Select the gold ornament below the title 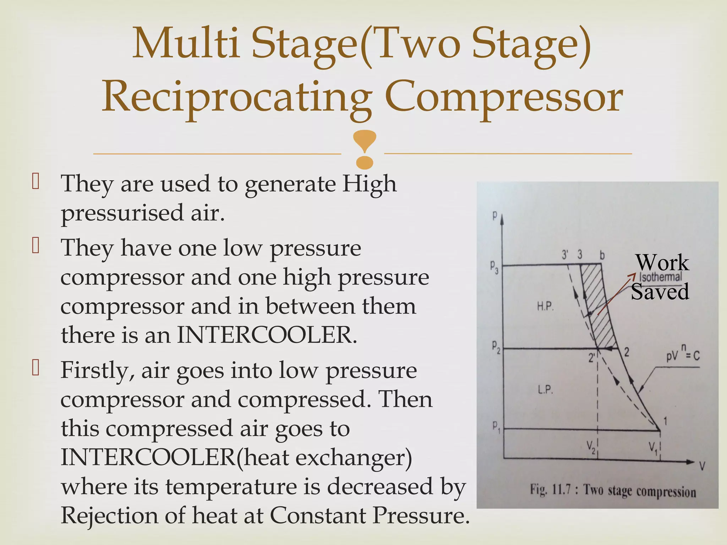[x=365, y=149]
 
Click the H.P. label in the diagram [x=545, y=306]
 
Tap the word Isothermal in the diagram [x=661, y=277]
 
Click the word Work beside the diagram [x=662, y=263]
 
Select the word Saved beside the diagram [x=660, y=292]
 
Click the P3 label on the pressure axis [x=494, y=266]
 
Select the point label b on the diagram [x=602, y=255]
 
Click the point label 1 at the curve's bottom [x=665, y=421]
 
